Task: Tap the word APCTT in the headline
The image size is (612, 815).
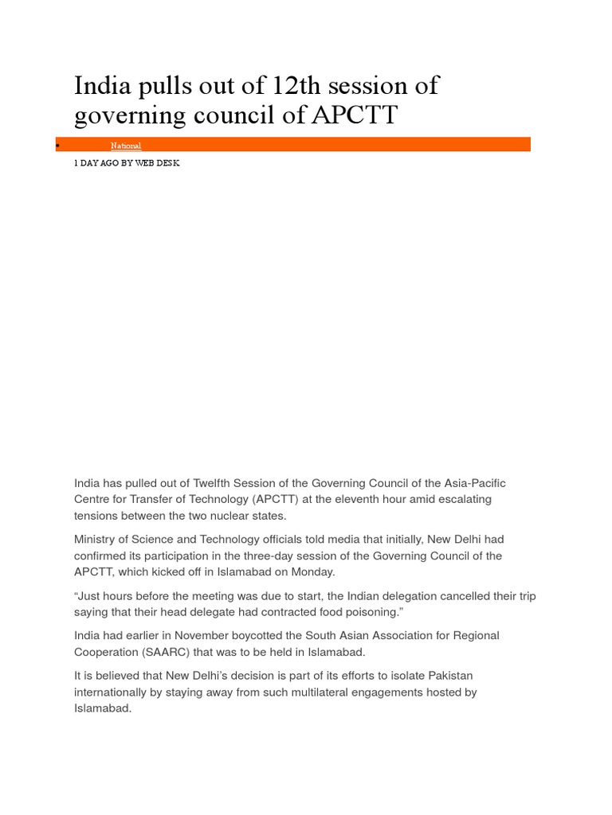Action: tap(354, 115)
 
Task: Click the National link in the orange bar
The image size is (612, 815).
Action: tap(126, 146)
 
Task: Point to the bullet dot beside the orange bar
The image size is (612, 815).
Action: tap(57, 145)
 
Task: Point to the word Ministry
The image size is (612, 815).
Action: tap(96, 540)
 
